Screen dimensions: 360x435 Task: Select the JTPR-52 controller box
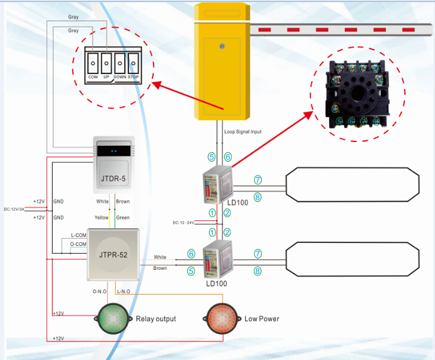tap(114, 254)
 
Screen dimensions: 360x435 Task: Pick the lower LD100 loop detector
tap(217, 261)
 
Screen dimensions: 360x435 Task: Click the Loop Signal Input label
tap(243, 131)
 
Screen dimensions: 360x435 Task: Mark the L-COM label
tap(78, 236)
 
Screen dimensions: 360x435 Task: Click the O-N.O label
tap(99, 291)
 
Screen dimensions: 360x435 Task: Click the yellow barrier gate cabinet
tap(221, 63)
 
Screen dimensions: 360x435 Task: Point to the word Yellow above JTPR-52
tap(102, 217)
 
